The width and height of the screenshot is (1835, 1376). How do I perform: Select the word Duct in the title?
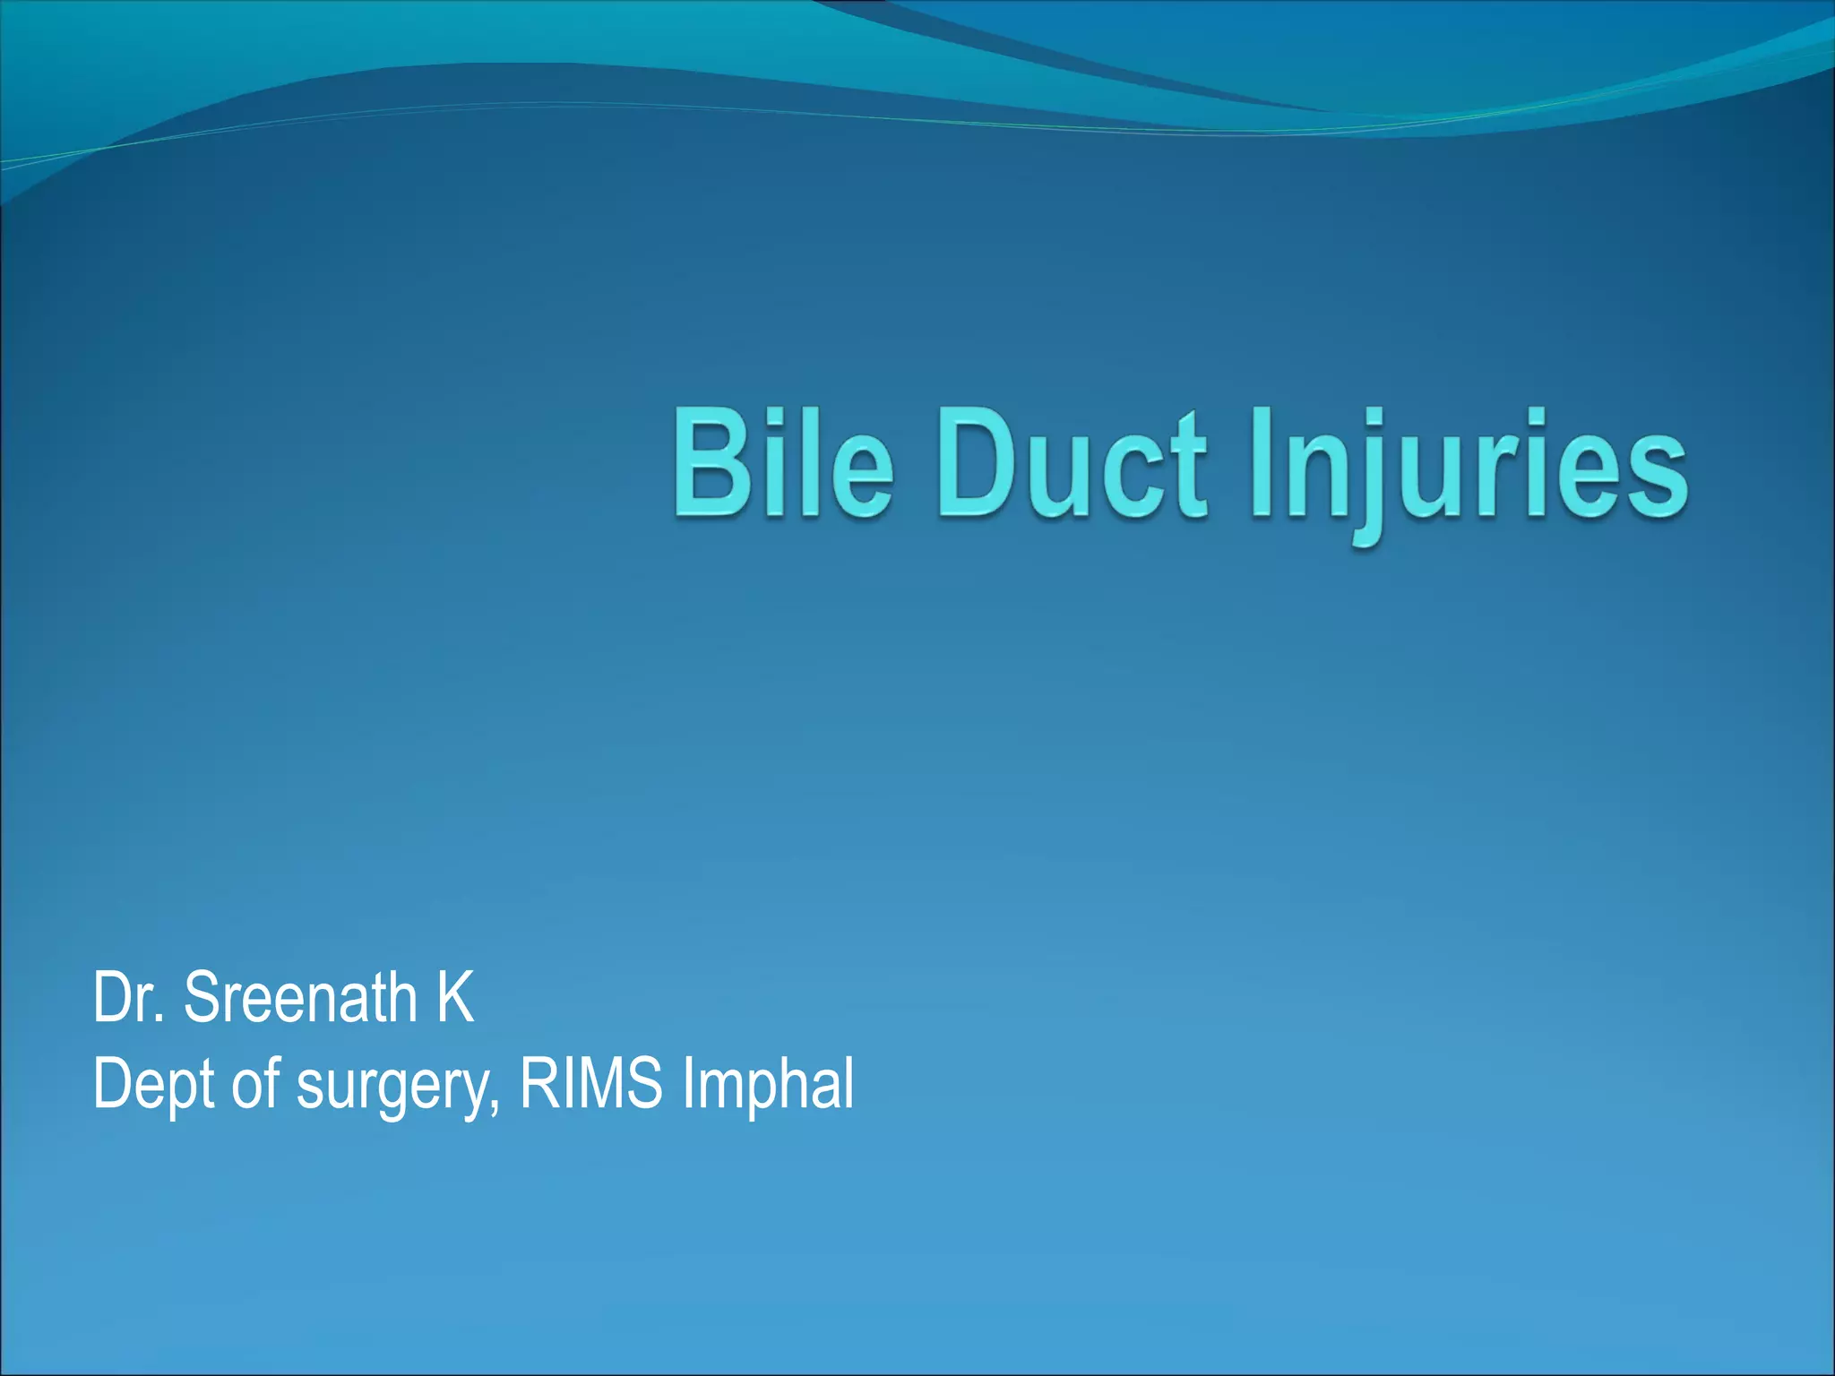point(1072,463)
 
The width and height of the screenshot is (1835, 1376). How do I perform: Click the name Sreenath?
point(300,997)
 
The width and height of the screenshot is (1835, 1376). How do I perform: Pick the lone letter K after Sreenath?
point(454,997)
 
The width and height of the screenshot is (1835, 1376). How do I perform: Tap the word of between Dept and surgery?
point(256,1083)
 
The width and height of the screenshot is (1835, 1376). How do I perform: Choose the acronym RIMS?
point(591,1083)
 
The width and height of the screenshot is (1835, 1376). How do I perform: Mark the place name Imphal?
point(768,1085)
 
